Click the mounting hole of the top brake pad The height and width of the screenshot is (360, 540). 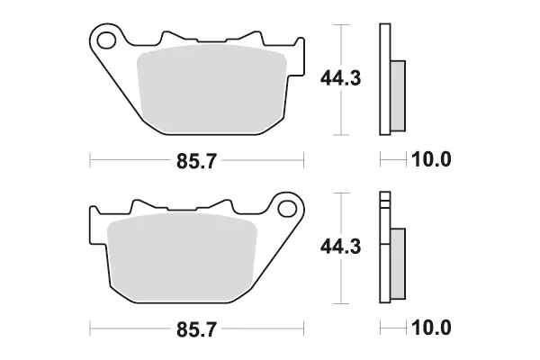106,40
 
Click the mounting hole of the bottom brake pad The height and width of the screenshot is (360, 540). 288,209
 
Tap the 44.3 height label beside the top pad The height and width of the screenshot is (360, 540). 340,78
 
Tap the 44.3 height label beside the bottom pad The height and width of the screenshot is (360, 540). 340,247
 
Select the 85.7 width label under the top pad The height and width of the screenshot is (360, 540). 196,161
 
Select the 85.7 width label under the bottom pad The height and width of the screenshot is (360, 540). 196,329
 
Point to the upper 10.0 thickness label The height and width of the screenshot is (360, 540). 431,159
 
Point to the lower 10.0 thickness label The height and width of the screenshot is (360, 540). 431,328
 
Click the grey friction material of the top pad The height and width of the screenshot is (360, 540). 211,89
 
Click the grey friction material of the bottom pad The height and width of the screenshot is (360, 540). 182,257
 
